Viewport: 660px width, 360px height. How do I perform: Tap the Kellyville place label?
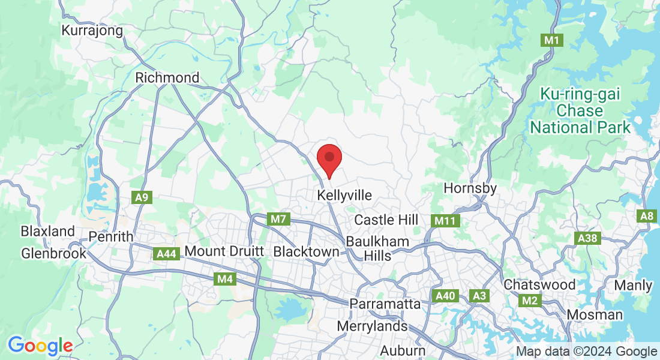point(344,196)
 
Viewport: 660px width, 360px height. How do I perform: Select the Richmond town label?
point(167,78)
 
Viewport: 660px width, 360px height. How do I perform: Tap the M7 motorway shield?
point(278,219)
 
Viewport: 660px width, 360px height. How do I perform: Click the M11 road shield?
point(445,221)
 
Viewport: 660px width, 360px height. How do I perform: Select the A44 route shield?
point(166,254)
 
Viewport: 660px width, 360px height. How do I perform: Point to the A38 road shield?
point(587,238)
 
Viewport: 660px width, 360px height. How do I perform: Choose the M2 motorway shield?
point(529,300)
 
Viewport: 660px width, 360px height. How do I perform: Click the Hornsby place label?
point(470,188)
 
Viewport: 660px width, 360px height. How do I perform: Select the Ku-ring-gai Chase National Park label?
point(580,111)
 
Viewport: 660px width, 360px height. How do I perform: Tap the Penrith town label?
point(110,237)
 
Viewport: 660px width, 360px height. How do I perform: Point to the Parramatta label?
point(386,304)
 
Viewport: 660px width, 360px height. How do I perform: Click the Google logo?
point(40,346)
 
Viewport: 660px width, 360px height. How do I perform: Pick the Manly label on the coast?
point(633,286)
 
